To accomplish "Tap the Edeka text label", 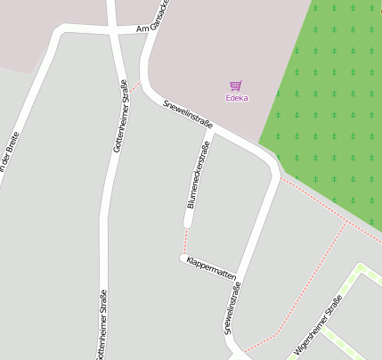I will click(237, 98).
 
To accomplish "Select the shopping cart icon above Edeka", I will click(236, 86).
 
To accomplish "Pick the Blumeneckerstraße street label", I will click(199, 174).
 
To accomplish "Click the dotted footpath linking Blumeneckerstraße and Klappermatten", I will click(185, 239).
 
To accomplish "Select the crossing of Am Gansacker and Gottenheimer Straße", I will click(114, 29).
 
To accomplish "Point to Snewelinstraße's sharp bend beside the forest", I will click(271, 165).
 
